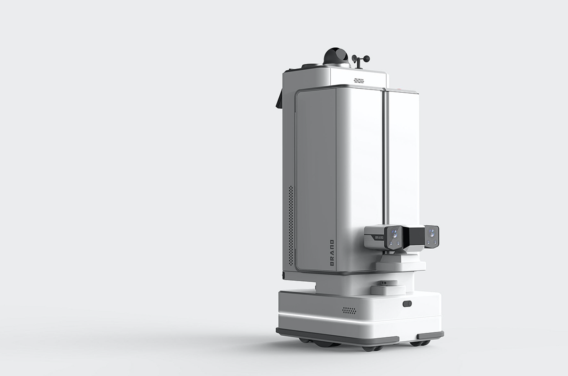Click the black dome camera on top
pyautogui.click(x=336, y=57)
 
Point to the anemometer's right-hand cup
pyautogui.click(x=367, y=59)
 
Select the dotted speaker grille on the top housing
pyautogui.click(x=359, y=80)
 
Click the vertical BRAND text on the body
pyautogui.click(x=332, y=253)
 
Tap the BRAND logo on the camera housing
pyautogui.click(x=379, y=238)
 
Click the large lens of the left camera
pyautogui.click(x=394, y=232)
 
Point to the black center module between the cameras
pyautogui.click(x=414, y=238)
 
